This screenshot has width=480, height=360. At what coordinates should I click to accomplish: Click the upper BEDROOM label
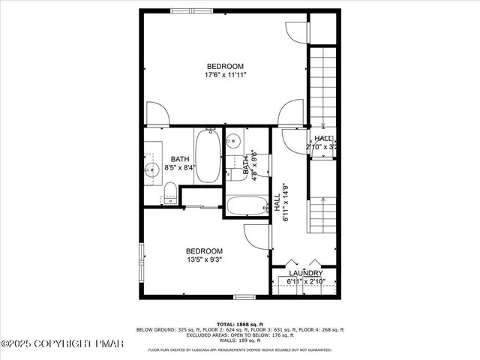coord(226,66)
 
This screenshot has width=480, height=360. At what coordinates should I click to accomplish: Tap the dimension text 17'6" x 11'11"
coord(226,75)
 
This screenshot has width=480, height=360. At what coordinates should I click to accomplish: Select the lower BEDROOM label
coord(205,250)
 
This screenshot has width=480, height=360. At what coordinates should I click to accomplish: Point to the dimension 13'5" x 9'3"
coord(205,259)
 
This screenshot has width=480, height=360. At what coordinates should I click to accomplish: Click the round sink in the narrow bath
coord(234,140)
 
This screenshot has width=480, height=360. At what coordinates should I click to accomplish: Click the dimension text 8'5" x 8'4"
coord(180,168)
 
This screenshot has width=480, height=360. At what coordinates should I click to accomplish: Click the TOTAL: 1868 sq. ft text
coord(240,323)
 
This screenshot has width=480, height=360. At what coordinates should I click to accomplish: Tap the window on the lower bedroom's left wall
coord(141,262)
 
